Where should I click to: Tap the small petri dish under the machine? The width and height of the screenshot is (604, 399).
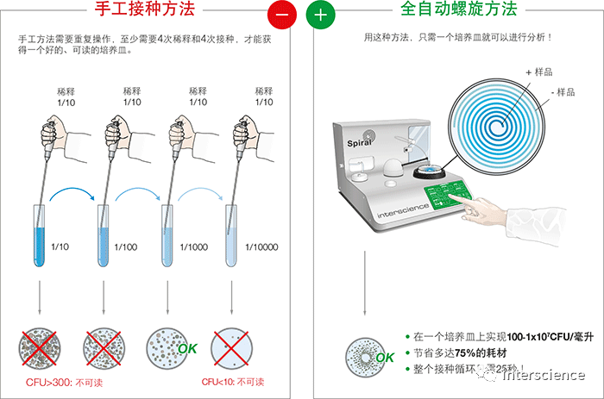coord(362,354)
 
